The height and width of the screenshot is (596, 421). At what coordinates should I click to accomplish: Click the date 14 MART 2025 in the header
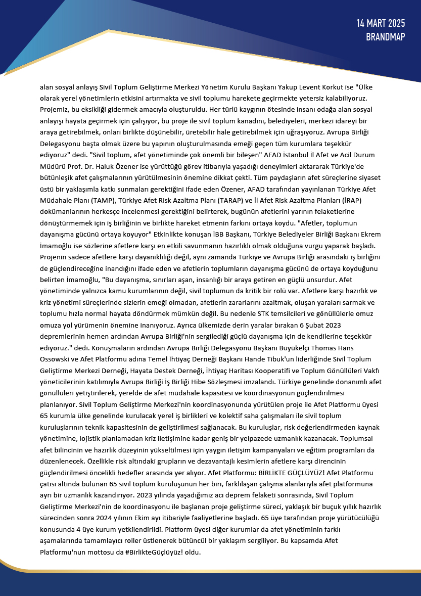[x=381, y=24]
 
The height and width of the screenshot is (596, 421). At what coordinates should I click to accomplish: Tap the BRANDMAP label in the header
[x=386, y=37]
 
